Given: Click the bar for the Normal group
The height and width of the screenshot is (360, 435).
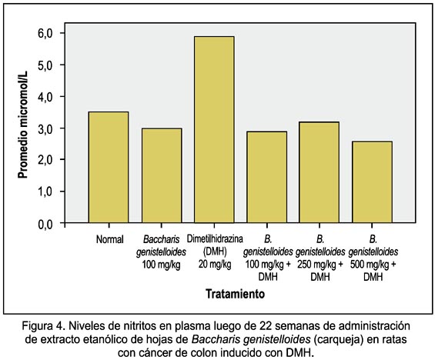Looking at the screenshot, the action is tap(109, 168).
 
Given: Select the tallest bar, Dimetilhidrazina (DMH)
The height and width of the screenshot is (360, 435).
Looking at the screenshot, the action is tap(214, 130).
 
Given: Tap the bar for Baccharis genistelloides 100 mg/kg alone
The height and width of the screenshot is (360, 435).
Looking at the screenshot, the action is tap(162, 175).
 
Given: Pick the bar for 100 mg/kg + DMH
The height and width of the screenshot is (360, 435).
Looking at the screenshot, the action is tap(267, 177).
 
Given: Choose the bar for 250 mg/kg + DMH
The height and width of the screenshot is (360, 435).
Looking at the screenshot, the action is tap(319, 172).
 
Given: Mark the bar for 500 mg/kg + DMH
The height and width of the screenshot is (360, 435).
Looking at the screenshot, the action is tap(373, 182).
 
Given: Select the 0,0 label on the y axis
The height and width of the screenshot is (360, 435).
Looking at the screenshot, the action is tap(45, 224).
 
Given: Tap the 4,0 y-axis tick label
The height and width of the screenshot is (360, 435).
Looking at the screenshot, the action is tap(45, 97).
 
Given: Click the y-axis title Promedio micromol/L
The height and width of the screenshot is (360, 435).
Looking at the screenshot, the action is tap(22, 124).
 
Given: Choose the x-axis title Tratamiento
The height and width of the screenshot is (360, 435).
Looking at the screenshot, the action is tap(235, 294).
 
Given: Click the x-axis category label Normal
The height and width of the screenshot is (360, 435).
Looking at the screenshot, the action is tap(109, 239).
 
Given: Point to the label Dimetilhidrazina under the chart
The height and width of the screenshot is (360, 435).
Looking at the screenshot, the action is tap(215, 238).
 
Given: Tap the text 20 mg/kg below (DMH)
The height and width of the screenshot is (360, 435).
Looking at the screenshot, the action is tap(215, 264).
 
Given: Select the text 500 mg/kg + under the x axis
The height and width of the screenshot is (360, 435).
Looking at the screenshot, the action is tap(373, 265).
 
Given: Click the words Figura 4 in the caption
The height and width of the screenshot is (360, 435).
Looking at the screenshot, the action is tap(44, 326).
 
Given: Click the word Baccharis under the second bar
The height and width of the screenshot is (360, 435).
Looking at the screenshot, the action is tap(161, 239).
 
